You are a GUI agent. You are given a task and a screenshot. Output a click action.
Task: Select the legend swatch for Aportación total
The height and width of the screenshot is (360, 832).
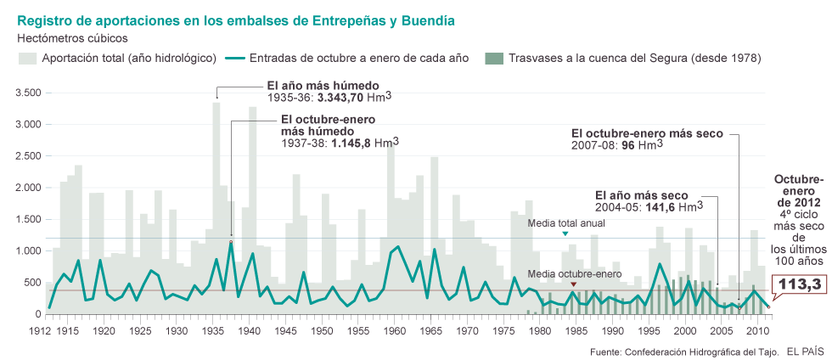(27, 58)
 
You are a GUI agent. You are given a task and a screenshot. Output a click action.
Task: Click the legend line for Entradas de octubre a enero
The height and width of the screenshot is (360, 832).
(235, 58)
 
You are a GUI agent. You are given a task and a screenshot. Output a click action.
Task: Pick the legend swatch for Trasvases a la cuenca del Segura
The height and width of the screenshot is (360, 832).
(492, 58)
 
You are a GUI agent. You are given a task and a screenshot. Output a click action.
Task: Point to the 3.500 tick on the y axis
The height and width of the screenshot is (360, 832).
(28, 93)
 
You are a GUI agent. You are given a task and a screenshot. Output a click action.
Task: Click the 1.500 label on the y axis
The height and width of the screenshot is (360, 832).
(28, 219)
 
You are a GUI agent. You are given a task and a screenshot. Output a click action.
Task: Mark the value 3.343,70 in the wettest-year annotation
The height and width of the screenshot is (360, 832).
(343, 98)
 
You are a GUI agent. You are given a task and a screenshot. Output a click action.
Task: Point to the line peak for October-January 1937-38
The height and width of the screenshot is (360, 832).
(231, 243)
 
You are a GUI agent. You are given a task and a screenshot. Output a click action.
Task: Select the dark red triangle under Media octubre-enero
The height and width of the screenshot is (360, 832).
(574, 284)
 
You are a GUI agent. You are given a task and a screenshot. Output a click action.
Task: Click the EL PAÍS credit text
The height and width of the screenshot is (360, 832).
(804, 351)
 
